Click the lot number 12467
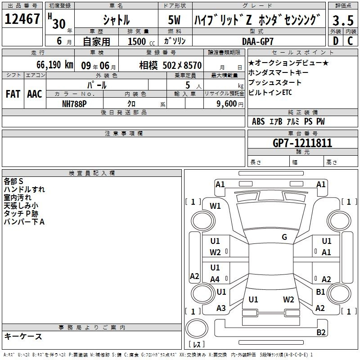pos(22,19)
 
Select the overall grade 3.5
pos(343,20)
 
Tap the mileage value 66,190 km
pos(55,65)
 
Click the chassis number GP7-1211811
pos(302,143)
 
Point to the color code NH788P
pos(74,104)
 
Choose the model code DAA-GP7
pos(258,41)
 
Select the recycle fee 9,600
pos(227,104)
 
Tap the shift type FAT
pos(13,94)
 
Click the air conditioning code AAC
pos(35,94)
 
